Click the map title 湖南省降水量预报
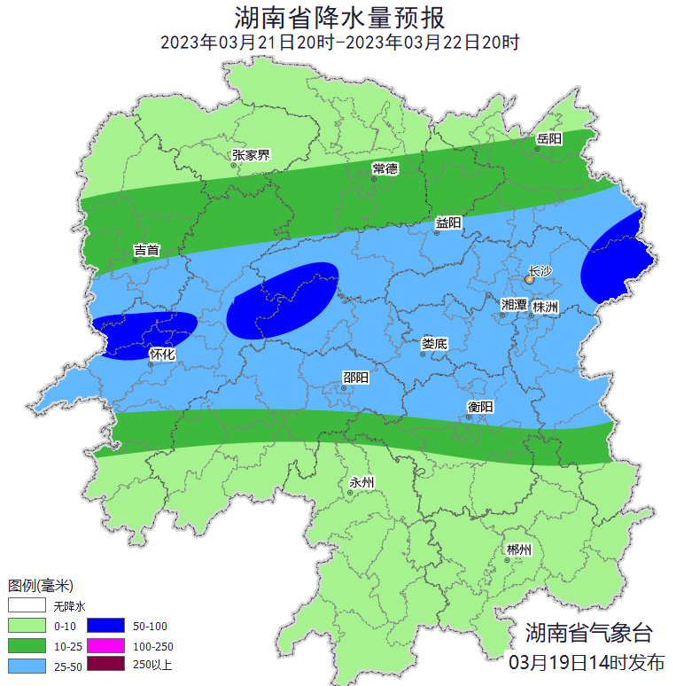[340, 17]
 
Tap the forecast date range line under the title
[340, 42]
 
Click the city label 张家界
[251, 155]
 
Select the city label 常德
[385, 168]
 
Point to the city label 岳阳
[548, 139]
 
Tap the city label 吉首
[146, 251]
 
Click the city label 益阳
[448, 223]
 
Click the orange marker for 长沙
[529, 278]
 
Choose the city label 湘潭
[514, 305]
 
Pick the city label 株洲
[546, 307]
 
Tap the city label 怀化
[162, 355]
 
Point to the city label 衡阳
[480, 406]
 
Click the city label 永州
[361, 482]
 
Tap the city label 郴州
[518, 550]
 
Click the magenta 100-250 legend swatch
[106, 644]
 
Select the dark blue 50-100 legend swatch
[106, 626]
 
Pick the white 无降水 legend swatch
[27, 606]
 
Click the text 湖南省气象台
[588, 633]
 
